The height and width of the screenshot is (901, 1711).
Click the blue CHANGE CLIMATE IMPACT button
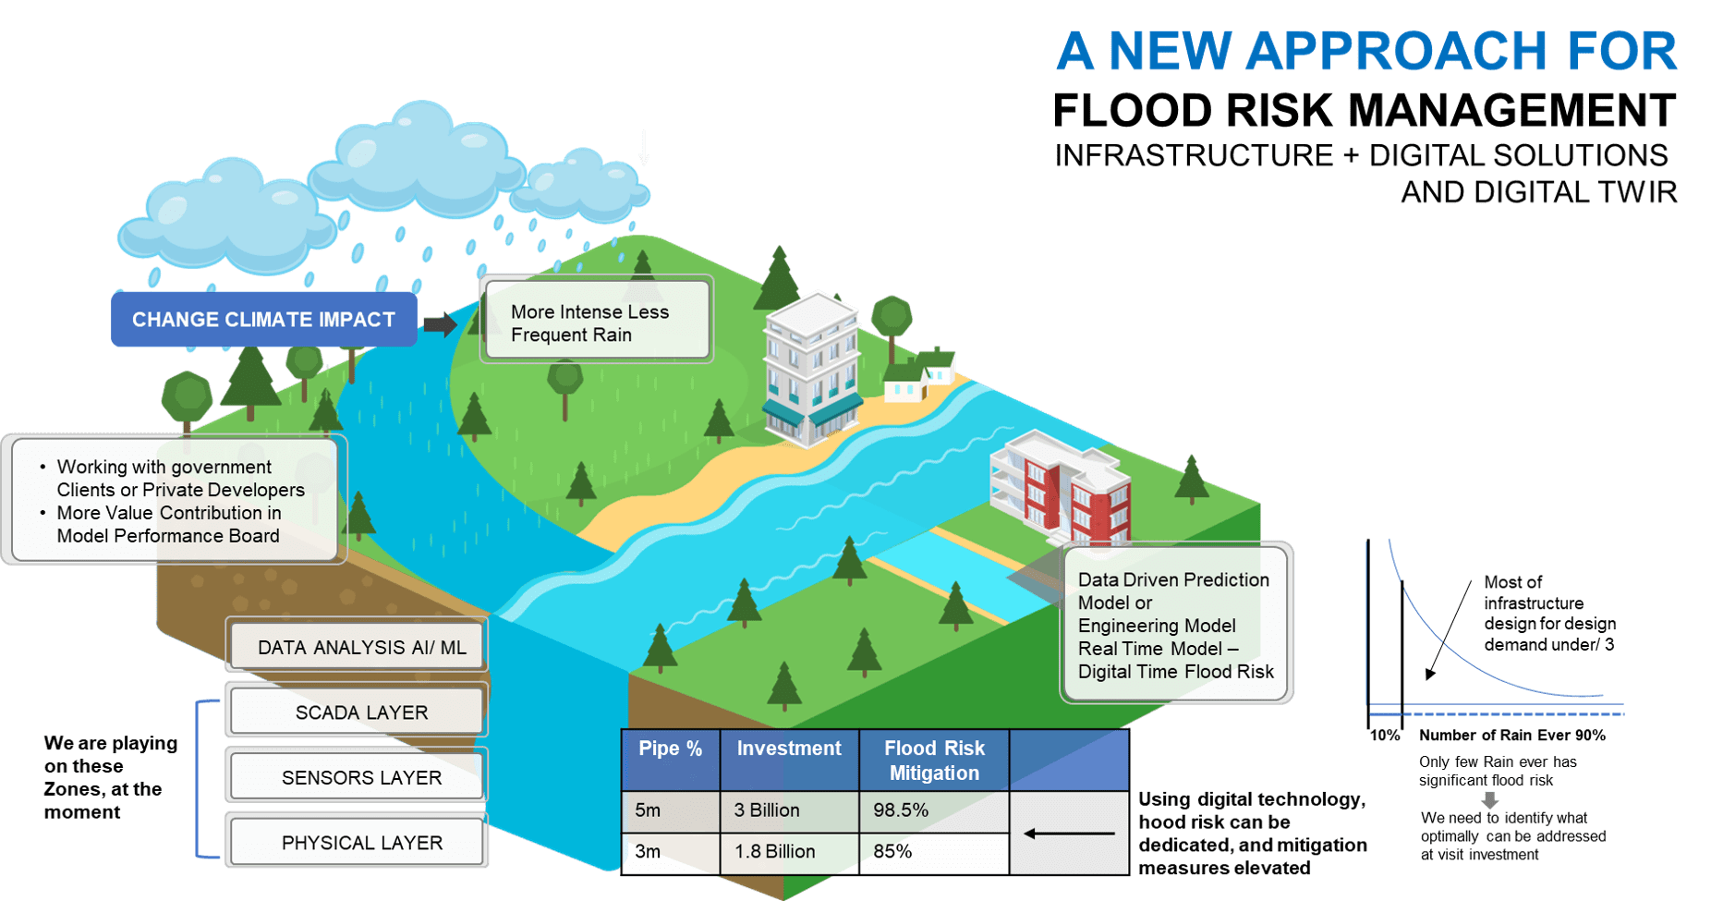click(264, 320)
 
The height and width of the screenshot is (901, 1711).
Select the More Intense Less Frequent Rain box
click(597, 320)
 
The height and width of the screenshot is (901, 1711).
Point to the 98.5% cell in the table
click(934, 811)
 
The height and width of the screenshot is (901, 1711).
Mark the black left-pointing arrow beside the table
click(1069, 834)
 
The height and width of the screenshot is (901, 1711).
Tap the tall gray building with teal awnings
click(811, 370)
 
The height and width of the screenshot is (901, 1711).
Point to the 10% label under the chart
click(1384, 736)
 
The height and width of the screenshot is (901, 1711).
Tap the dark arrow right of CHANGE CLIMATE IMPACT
click(441, 324)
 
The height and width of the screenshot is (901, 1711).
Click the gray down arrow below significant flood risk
click(1489, 800)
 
